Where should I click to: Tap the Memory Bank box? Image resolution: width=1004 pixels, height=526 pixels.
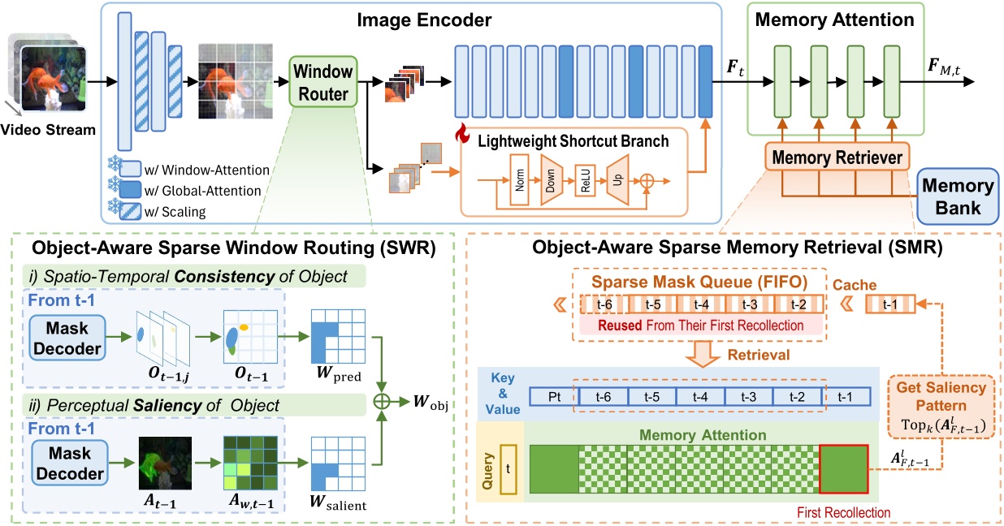pyautogui.click(x=956, y=196)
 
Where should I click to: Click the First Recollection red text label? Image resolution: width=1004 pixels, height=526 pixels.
pyautogui.click(x=844, y=512)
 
